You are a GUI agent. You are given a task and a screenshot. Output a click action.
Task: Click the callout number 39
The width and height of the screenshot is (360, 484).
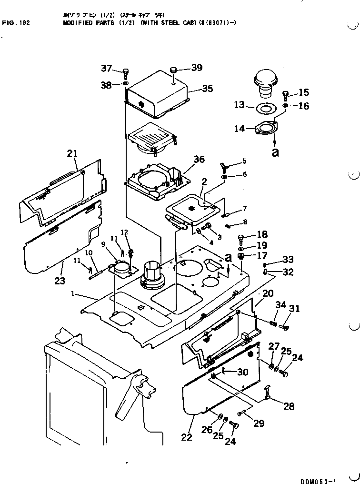pyautogui.click(x=197, y=68)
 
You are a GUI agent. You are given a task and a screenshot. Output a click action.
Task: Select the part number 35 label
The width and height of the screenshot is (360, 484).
pyautogui.click(x=208, y=89)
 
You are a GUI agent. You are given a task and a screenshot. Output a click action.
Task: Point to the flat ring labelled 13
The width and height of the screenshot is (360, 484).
pyautogui.click(x=266, y=108)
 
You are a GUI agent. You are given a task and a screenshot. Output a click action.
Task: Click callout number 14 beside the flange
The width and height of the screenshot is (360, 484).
pyautogui.click(x=239, y=129)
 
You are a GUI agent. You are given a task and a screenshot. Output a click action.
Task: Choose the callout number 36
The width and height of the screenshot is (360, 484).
pyautogui.click(x=198, y=160)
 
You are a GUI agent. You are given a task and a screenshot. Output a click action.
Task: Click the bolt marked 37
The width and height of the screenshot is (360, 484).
pyautogui.click(x=126, y=73)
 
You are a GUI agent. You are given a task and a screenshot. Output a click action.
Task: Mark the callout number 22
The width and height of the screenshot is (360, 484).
pyautogui.click(x=187, y=437)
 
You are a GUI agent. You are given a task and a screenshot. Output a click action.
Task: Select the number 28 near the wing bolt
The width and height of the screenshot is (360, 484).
pyautogui.click(x=289, y=406)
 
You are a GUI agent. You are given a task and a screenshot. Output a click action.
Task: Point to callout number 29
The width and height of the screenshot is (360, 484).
pyautogui.click(x=259, y=423)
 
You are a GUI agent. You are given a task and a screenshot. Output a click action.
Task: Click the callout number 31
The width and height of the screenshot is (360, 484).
pyautogui.click(x=295, y=309)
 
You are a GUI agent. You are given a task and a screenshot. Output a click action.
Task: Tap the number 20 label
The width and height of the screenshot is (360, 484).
pyautogui.click(x=268, y=293)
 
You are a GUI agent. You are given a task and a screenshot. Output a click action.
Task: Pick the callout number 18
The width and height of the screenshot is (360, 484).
pyautogui.click(x=262, y=234)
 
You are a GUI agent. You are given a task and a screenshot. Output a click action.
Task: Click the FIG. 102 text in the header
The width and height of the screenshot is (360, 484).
pyautogui.click(x=16, y=22)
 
